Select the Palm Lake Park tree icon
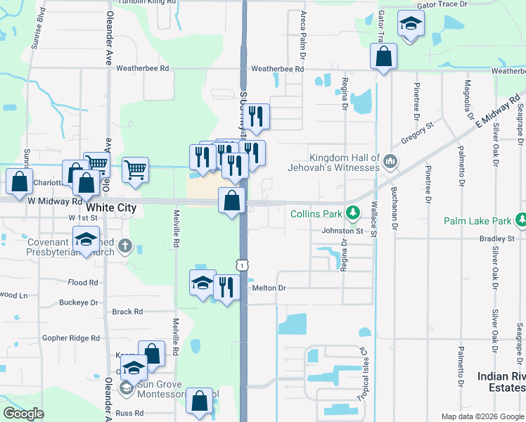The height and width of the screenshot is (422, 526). pos(521,221)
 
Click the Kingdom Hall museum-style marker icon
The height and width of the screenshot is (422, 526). pos(391,162)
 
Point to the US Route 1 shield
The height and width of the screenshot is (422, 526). pos(241,264)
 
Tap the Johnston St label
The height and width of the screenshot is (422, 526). pos(342,230)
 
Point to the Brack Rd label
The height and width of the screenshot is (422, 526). pos(127,312)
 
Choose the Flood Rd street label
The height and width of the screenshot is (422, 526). pos(83,283)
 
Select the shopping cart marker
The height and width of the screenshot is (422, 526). pos(135,168)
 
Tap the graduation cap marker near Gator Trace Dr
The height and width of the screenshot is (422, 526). pos(410,23)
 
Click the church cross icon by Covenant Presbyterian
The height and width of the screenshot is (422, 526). pos(125,245)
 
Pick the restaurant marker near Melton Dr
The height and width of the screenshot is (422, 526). pos(226,287)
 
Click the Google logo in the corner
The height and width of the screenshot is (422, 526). pos(23,414)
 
